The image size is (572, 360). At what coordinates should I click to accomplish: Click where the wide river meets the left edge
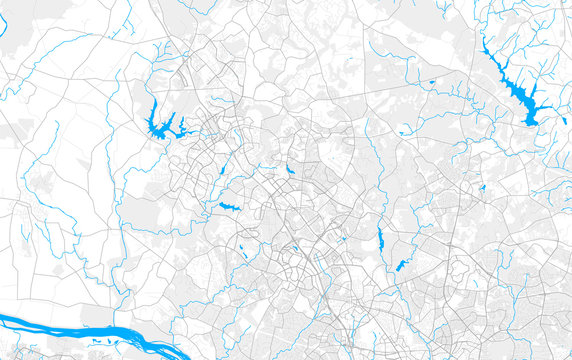[3, 320]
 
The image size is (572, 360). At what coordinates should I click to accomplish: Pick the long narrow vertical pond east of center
[380, 238]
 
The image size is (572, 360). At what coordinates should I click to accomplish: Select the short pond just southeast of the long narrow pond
[401, 266]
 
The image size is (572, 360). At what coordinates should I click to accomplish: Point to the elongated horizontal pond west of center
[229, 207]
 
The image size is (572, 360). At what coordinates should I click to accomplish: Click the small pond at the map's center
[289, 171]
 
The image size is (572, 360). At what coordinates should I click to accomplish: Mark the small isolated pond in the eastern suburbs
[481, 187]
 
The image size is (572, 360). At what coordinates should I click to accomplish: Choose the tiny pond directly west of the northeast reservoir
[432, 82]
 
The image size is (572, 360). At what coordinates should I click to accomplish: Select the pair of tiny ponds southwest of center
[243, 246]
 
